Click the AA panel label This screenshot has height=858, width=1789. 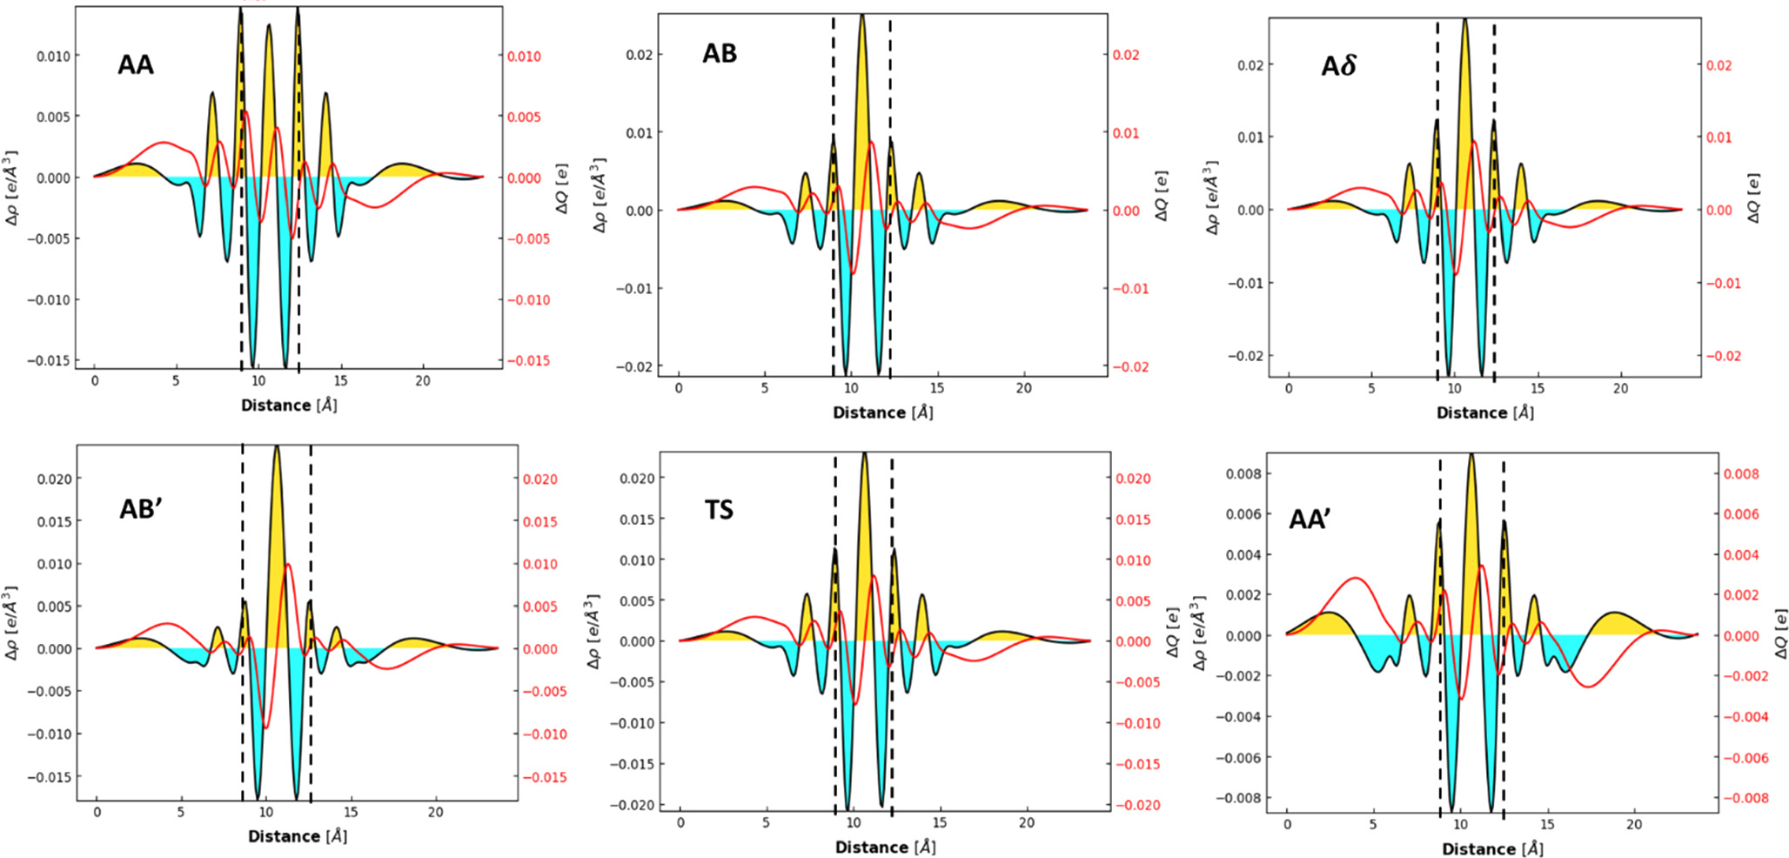136,65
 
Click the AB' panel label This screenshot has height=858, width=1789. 141,509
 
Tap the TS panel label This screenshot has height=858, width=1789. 719,509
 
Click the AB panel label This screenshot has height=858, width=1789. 720,54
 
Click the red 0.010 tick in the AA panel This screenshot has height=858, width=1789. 525,57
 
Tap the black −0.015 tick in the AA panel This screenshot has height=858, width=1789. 49,360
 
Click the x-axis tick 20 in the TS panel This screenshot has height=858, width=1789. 1027,823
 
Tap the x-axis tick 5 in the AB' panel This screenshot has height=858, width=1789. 181,812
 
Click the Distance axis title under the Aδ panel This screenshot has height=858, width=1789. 1484,412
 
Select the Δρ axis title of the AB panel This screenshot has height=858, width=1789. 600,196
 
